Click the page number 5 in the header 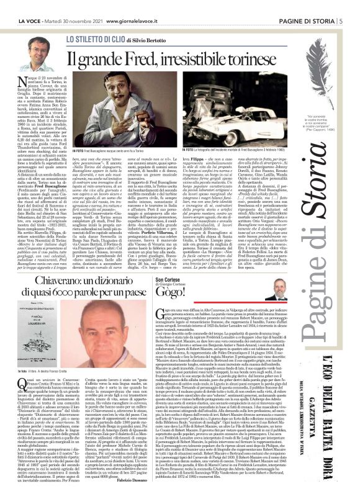341,6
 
